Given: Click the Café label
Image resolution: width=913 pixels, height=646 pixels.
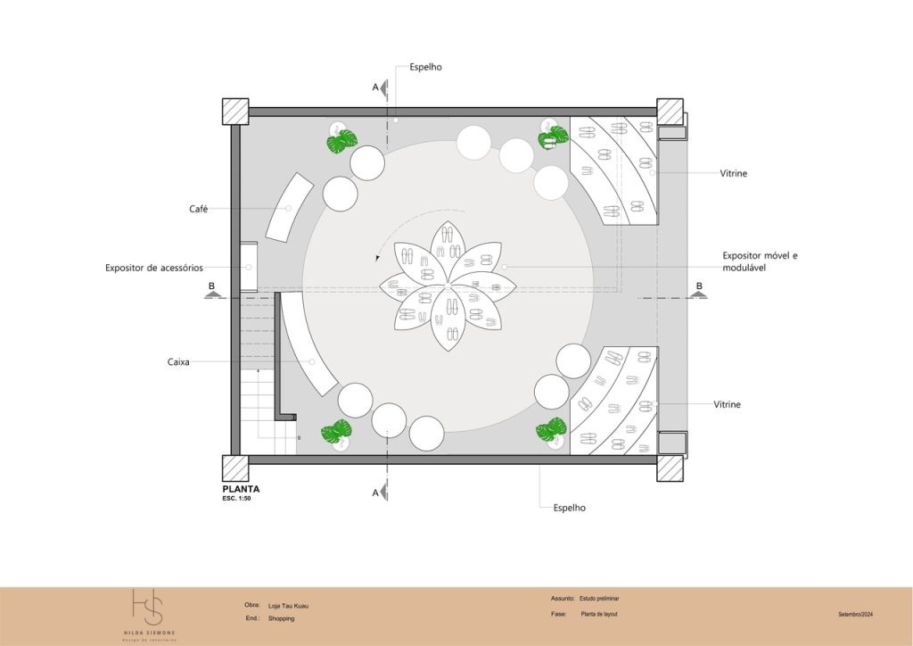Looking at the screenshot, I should click(x=198, y=209).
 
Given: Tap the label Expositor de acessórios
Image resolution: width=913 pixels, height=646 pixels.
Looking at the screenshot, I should click(x=154, y=268).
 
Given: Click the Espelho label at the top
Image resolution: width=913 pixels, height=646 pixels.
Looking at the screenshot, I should click(x=425, y=67).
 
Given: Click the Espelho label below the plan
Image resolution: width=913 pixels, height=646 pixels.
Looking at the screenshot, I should click(x=568, y=508).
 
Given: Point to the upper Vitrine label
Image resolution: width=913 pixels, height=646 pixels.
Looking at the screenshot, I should click(x=733, y=173).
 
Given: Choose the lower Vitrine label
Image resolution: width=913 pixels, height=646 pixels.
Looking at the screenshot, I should click(x=727, y=404).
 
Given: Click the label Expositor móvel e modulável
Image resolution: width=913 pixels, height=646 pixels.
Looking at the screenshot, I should click(x=760, y=261).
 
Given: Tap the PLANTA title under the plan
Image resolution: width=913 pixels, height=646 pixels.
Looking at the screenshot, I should click(x=241, y=489).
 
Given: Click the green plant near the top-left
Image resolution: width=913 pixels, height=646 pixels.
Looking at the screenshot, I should click(x=341, y=141).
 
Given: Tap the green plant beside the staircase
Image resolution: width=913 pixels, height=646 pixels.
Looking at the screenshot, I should click(x=336, y=434).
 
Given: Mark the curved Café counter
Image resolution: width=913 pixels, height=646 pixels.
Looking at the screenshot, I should click(x=289, y=208).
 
